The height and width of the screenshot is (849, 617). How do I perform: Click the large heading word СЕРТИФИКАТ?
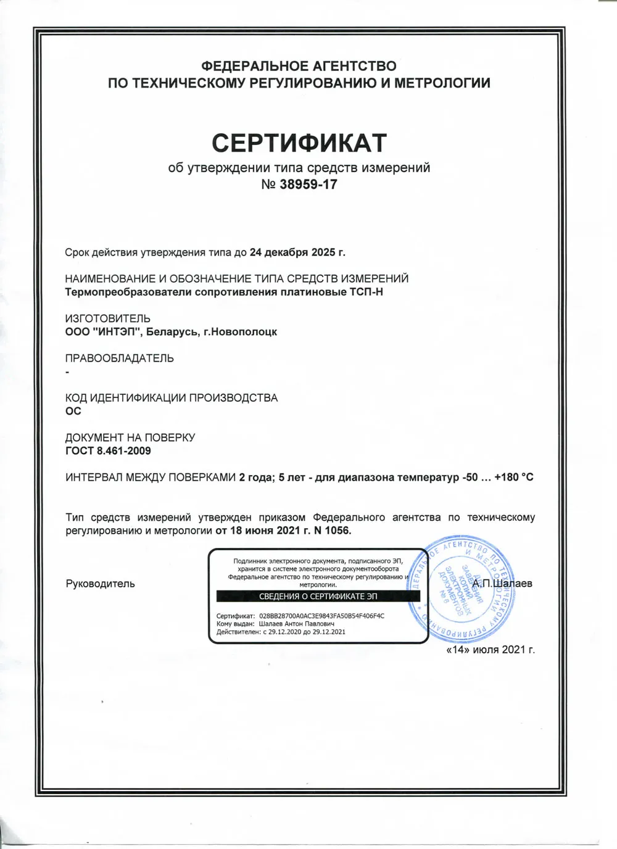[x=299, y=143]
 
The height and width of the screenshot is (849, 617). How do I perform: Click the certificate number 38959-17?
[x=308, y=184]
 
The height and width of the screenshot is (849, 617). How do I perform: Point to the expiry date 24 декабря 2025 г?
[x=297, y=252]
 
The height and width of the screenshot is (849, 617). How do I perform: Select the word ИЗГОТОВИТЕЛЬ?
[x=108, y=318]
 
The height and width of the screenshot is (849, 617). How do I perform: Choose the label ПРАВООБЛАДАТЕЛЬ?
[x=120, y=358]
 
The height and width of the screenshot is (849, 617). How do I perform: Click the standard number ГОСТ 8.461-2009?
[x=109, y=451]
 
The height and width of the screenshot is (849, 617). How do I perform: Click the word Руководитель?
[x=100, y=584]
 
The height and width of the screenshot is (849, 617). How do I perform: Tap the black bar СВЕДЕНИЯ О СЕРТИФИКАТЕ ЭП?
[x=318, y=597]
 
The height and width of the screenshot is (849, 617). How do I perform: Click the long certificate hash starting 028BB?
[x=321, y=616]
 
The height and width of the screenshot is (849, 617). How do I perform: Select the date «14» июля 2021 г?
[x=490, y=650]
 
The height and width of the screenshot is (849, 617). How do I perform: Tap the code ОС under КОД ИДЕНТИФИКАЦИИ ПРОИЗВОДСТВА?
[x=73, y=412]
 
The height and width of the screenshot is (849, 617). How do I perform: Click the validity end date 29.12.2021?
[x=329, y=632]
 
